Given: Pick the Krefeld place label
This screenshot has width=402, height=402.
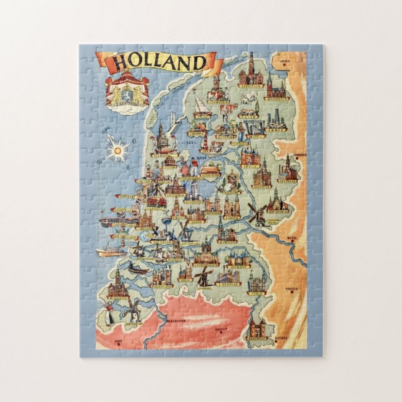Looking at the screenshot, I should tap(291, 288).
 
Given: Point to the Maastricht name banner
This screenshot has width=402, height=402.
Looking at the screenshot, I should tap(257, 338).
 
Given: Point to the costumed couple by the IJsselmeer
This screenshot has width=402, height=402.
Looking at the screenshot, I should tap(189, 167).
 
